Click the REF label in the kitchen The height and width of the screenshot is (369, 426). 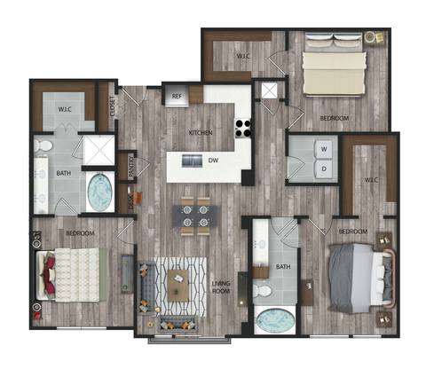coord(177,97)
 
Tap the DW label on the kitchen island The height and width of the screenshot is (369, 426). coord(213,161)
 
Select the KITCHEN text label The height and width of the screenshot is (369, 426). coord(200,133)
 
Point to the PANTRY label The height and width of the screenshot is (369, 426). coord(129,168)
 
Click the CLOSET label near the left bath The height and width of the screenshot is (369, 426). coord(113,106)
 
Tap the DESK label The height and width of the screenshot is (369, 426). coord(130,202)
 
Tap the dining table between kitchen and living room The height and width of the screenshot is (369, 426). coord(193,216)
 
